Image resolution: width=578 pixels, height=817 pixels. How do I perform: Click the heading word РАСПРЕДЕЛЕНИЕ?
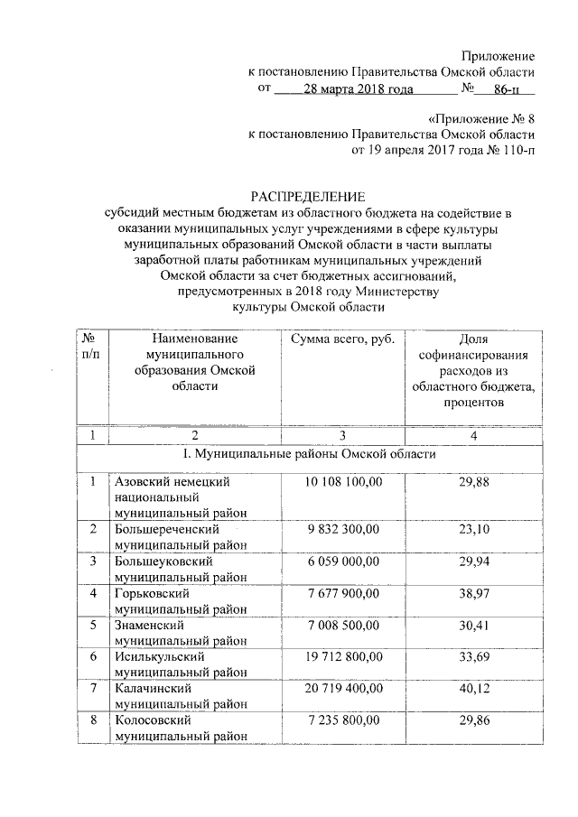[x=307, y=196]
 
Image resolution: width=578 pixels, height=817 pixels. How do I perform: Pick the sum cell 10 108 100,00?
[x=343, y=483]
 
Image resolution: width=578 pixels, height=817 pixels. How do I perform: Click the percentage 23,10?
[x=473, y=529]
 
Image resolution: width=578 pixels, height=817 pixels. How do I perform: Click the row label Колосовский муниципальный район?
[x=175, y=729]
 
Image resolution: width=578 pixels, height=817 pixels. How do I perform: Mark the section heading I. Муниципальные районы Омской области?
[x=310, y=453]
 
